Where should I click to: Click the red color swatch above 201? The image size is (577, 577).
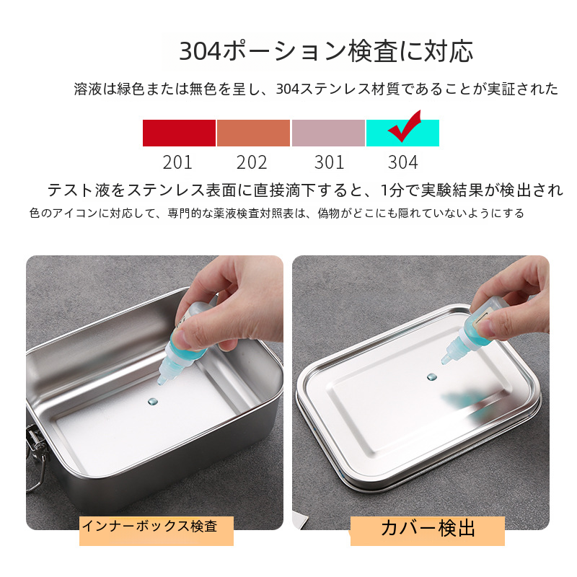[179, 133]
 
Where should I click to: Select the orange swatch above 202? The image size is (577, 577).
[254, 133]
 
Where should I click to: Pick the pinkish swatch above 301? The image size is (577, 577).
[328, 133]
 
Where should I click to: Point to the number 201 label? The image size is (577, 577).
[177, 162]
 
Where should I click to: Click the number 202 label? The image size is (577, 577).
[252, 162]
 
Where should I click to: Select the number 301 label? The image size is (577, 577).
[329, 162]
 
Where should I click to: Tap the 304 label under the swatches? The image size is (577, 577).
[403, 162]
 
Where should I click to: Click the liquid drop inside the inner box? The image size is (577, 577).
[153, 402]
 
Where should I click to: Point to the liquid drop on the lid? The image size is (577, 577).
[431, 377]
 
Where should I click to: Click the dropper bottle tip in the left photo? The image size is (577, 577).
[160, 382]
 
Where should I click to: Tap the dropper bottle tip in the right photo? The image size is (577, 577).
[444, 362]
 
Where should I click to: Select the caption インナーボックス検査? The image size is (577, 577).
[149, 526]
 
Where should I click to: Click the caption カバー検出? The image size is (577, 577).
[428, 528]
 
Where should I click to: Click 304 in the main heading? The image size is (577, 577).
[201, 51]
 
